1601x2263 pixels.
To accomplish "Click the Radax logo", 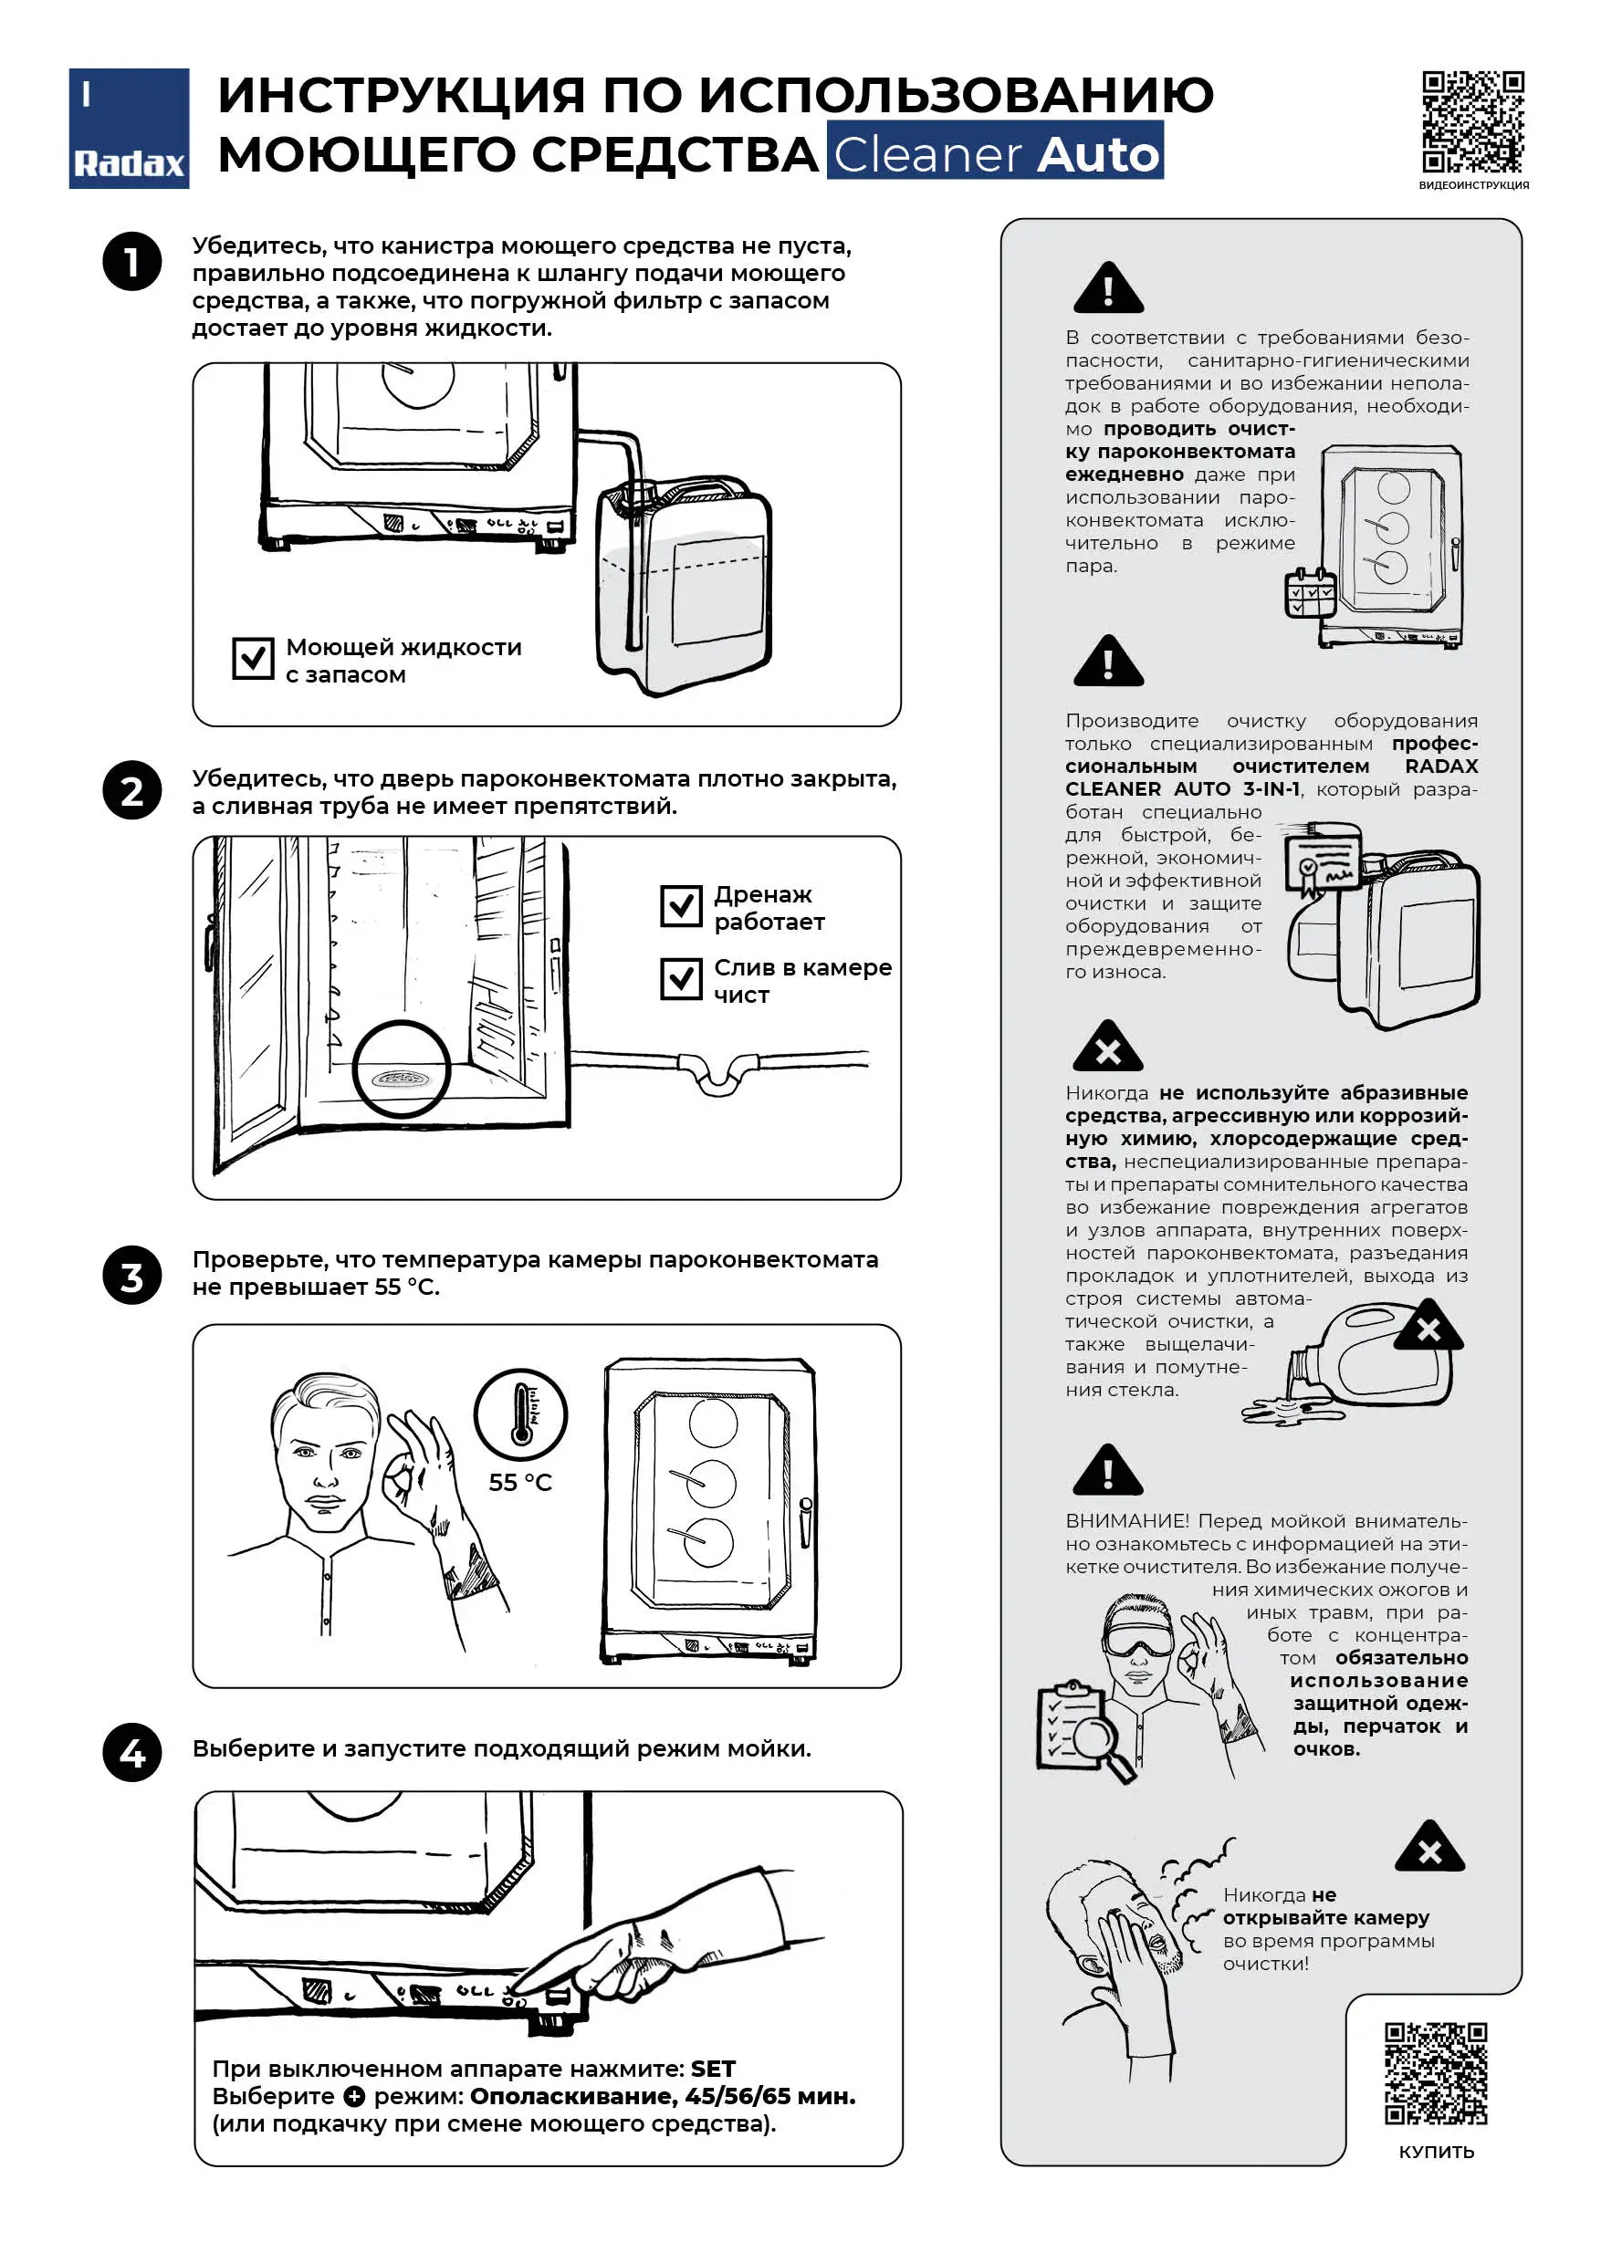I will (x=128, y=128).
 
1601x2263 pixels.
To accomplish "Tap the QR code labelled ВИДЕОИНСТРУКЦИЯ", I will (x=1473, y=121).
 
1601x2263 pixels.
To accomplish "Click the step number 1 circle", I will (x=132, y=261).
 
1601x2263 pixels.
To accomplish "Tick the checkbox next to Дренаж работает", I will (x=681, y=906).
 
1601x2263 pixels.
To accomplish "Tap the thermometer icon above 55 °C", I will (x=520, y=1414).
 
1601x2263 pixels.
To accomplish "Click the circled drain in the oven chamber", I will (x=402, y=1069).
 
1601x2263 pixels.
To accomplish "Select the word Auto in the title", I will (x=1099, y=154).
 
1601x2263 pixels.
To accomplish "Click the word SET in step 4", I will (x=713, y=2069).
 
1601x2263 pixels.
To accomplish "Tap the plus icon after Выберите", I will (x=354, y=2096).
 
